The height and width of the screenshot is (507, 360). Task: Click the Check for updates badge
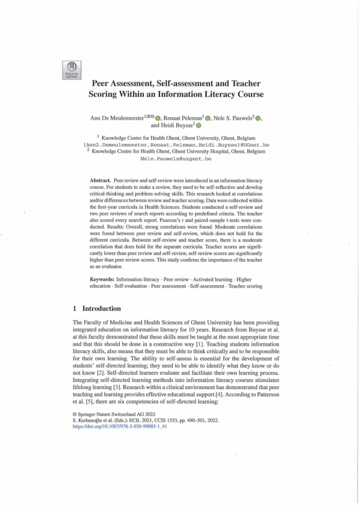pyautogui.click(x=72, y=70)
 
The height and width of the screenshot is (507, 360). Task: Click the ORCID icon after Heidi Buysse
pyautogui.click(x=198, y=127)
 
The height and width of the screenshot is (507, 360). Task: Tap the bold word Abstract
pyautogui.click(x=100, y=180)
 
